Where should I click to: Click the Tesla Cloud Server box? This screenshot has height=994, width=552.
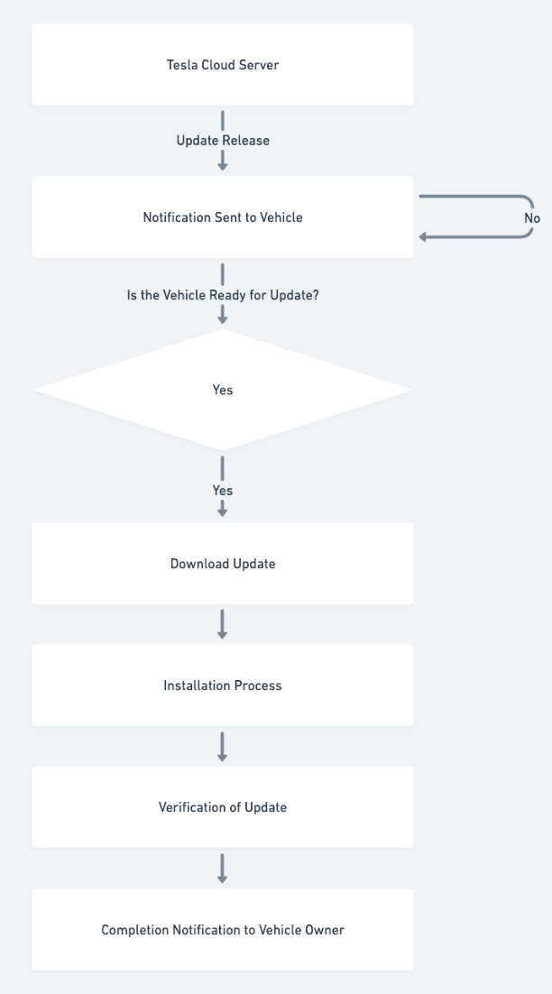coord(223,65)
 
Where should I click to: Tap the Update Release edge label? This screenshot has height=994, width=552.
coord(223,141)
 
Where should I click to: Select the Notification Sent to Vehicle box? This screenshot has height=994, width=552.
coord(223,217)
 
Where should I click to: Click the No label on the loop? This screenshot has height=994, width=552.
coord(532,218)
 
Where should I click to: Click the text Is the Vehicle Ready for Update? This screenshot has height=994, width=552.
coord(223,295)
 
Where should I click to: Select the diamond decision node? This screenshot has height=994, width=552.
coord(223,390)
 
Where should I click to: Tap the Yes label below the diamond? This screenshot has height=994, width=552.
coord(223,491)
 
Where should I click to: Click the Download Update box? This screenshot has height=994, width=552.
coord(223,564)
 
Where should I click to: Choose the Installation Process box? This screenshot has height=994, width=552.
coord(223,686)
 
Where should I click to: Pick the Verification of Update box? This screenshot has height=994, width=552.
coord(223,807)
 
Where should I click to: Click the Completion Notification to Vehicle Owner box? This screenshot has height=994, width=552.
coord(223,930)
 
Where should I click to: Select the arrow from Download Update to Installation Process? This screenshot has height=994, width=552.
coord(223,624)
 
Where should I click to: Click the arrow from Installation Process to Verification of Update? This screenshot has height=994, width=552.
coord(223,746)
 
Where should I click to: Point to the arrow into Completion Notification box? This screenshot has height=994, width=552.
coord(223,868)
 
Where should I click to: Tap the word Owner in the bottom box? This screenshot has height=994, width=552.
coord(326,930)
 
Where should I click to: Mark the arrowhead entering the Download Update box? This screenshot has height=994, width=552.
coord(223,512)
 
